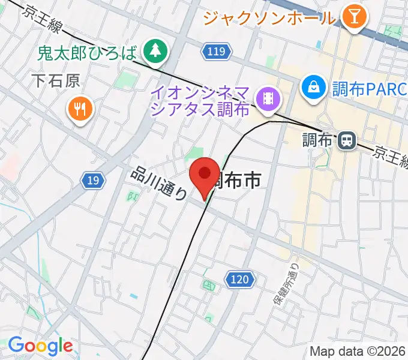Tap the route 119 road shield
(x=216, y=53)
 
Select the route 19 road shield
(x=93, y=179)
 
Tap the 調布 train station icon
(x=346, y=141)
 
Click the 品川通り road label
(x=158, y=184)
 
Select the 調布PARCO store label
(x=370, y=89)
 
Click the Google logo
(x=40, y=346)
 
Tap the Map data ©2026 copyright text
(x=358, y=351)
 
